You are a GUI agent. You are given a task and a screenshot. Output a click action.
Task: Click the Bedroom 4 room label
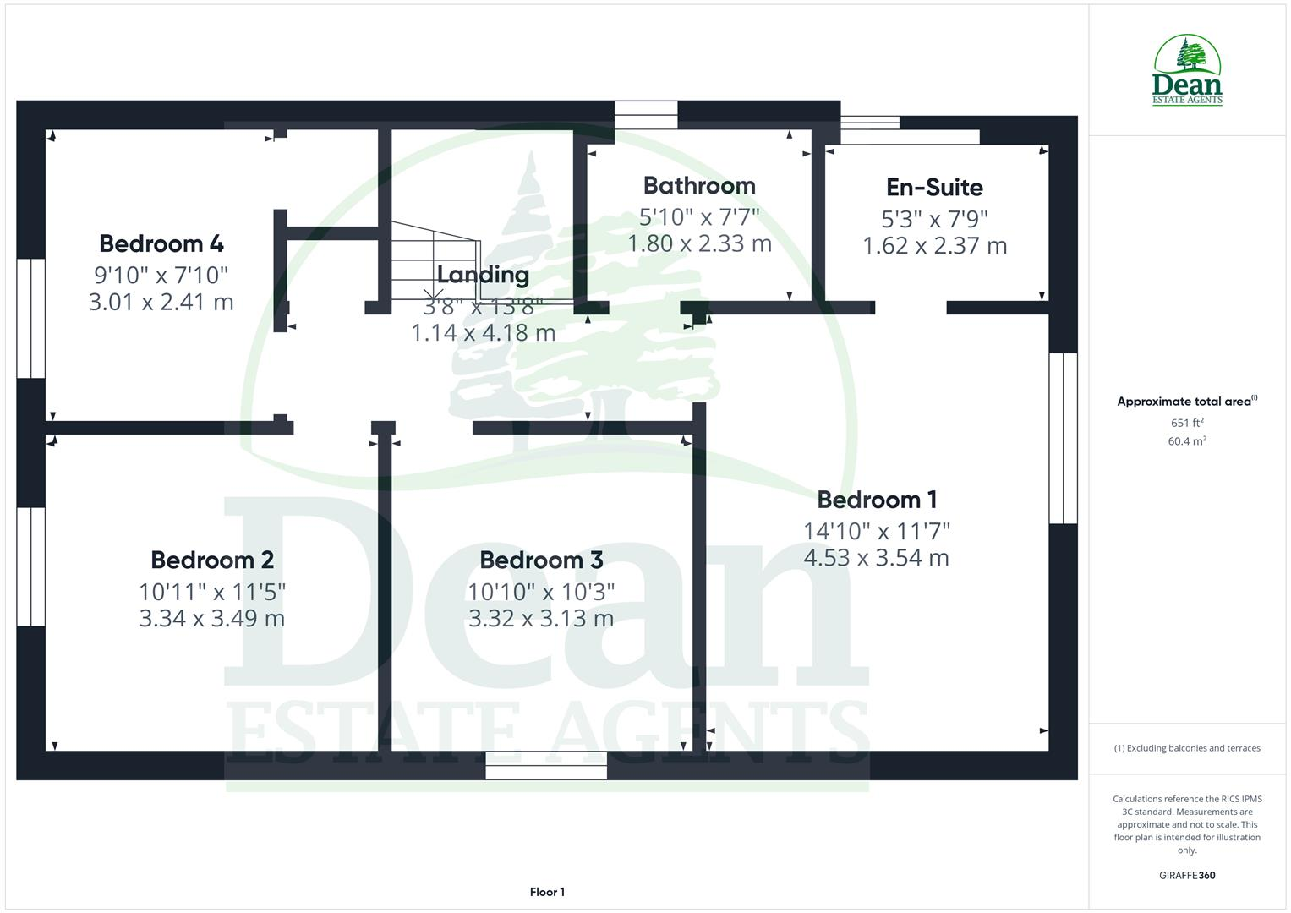coord(161,243)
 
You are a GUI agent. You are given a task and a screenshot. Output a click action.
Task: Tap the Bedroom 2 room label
coord(212,560)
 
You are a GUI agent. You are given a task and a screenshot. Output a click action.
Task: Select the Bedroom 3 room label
coord(541,560)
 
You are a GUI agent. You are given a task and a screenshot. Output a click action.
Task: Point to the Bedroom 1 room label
coord(877,500)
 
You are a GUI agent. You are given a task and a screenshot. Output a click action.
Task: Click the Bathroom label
coord(699,185)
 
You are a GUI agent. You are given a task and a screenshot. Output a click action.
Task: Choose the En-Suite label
coord(934,187)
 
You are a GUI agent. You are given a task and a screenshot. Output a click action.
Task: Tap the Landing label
coord(483,275)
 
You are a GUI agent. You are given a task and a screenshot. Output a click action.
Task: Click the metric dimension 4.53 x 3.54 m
coord(876,558)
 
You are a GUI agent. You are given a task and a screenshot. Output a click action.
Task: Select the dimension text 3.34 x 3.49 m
coord(212,618)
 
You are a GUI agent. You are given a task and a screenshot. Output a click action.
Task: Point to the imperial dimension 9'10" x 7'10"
coord(161,275)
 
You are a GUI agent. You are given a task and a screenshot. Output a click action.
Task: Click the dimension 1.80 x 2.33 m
coord(699,244)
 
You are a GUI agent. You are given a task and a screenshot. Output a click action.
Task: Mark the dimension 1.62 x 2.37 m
coord(934,246)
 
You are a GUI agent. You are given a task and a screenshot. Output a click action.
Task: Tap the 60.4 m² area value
coord(1187,441)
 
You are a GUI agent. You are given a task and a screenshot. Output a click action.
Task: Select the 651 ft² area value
coord(1187,423)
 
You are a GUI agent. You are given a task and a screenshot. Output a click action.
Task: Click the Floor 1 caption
coord(547,892)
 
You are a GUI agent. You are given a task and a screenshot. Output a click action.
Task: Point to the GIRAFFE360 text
coord(1187,876)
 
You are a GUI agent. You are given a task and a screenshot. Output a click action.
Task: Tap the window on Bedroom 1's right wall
coord(1063,438)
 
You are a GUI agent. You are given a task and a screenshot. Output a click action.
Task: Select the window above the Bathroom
coord(646,115)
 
